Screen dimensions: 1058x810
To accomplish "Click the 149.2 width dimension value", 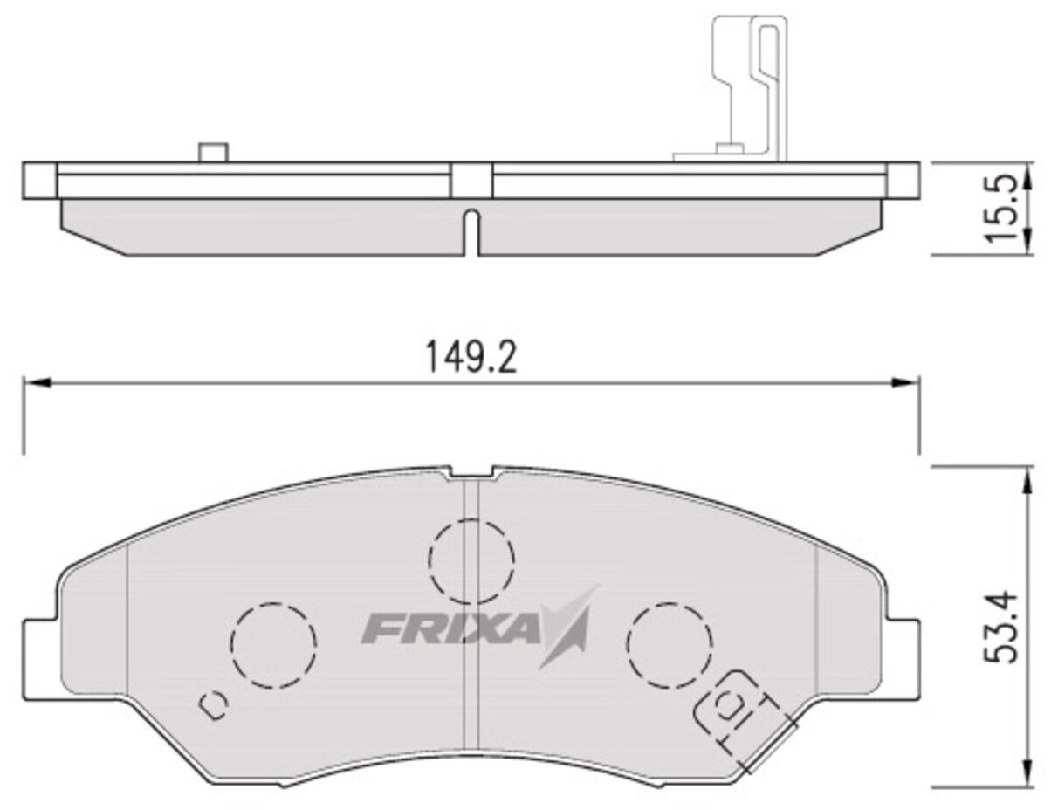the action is point(471,358).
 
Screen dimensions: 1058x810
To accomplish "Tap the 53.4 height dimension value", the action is point(1002,627).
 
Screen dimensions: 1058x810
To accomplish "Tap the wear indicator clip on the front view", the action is point(745,718).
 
